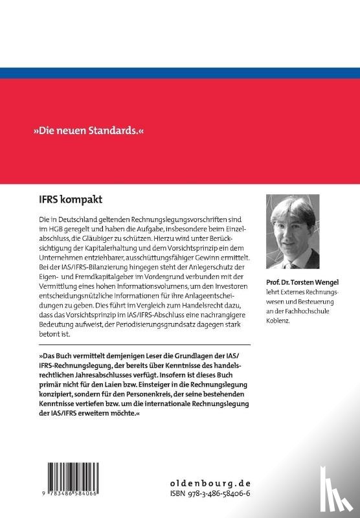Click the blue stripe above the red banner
tap(180, 73)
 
